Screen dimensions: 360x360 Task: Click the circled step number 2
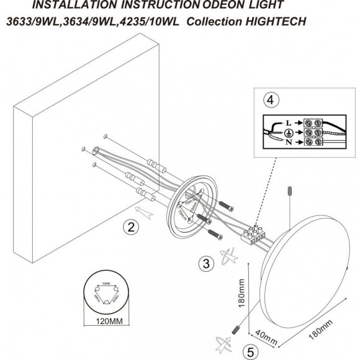(129, 228)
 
